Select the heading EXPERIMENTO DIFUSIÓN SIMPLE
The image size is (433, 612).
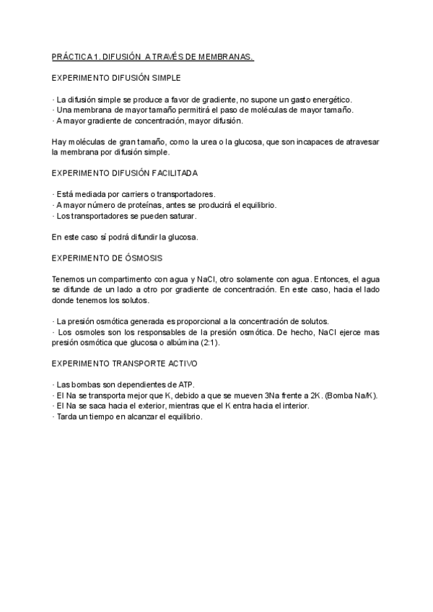117,77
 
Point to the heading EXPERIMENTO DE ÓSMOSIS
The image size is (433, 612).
108,258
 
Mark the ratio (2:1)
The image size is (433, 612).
209,343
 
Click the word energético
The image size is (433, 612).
325,99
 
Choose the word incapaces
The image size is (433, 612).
307,142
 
